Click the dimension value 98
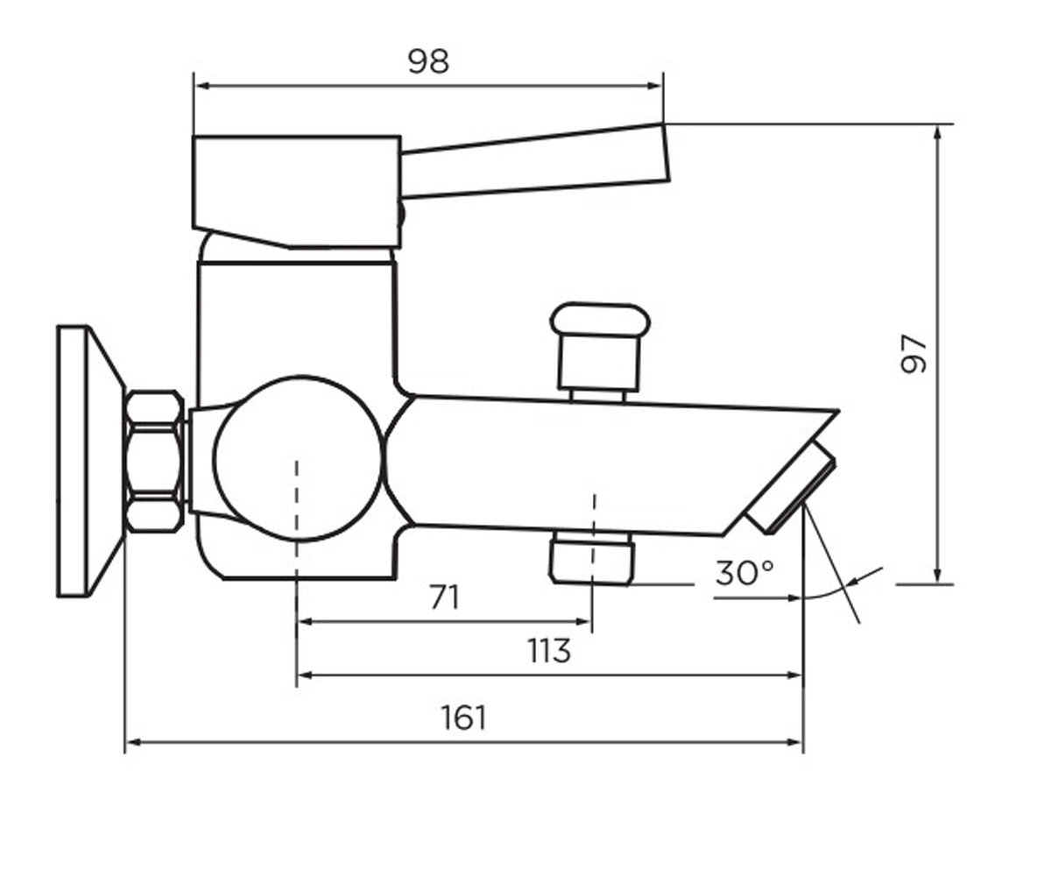click(x=428, y=61)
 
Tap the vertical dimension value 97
click(x=913, y=354)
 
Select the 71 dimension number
click(x=445, y=597)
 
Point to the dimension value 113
click(x=549, y=651)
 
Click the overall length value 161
click(x=464, y=718)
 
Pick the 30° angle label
click(x=744, y=572)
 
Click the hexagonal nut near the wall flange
click(x=155, y=461)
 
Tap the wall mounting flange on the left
click(x=90, y=461)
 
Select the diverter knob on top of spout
click(x=599, y=351)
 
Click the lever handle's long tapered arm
click(x=535, y=160)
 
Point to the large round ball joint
click(x=297, y=459)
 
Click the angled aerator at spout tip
click(x=791, y=487)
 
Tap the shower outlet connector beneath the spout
click(x=592, y=557)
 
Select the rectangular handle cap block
click(x=297, y=192)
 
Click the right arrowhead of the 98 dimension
click(x=656, y=86)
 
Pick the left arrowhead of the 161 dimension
click(x=132, y=742)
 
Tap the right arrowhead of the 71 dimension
click(x=584, y=622)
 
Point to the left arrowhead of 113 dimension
click(x=305, y=675)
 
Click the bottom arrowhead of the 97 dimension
click(x=937, y=576)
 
